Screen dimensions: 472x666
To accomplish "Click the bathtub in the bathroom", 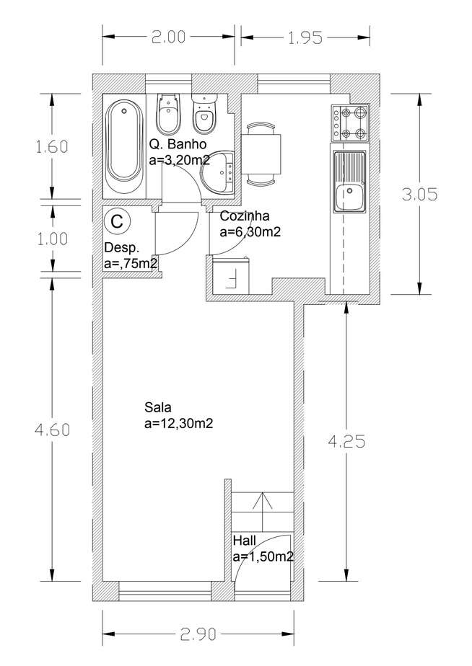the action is [124, 146].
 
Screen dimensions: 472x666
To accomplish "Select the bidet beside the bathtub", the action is [168, 114].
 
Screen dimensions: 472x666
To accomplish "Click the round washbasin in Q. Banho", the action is [218, 173].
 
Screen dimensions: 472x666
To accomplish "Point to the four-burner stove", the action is [350, 123].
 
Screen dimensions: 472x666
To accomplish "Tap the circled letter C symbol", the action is [116, 221].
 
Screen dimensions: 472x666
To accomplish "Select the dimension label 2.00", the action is [168, 37].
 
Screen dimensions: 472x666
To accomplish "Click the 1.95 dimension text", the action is [305, 37].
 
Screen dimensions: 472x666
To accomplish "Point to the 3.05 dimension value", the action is [419, 195].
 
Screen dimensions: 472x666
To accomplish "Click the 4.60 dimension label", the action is [52, 430].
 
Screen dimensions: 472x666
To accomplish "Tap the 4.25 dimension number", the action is [346, 442].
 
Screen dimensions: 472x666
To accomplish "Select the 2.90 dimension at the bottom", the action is [198, 634].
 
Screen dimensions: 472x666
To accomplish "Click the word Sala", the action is [158, 407].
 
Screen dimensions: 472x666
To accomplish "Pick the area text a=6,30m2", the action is [250, 232].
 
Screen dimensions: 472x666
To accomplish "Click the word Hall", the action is [245, 541].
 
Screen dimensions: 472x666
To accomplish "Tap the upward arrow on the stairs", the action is [263, 512].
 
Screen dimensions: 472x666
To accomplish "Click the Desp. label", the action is [122, 248].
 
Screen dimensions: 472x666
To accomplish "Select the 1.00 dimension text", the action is [52, 239].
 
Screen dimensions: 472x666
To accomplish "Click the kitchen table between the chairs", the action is [261, 154].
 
